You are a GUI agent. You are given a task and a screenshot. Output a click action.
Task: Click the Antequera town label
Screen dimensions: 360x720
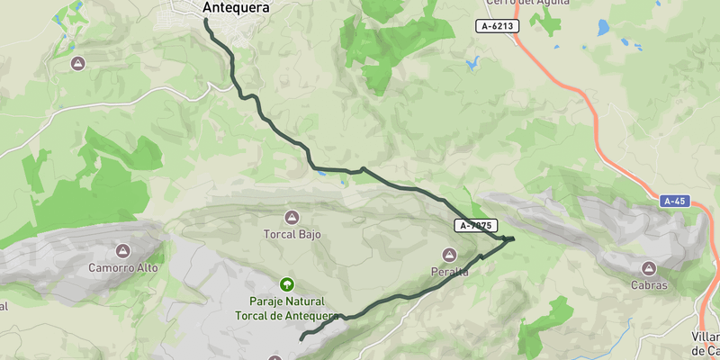(x=237, y=8)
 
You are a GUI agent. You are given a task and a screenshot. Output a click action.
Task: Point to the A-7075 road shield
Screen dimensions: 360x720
(x=476, y=226)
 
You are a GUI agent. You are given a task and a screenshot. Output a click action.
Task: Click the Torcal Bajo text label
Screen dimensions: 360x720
(x=292, y=235)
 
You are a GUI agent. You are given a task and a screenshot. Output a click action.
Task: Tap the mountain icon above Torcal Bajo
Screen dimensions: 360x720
(x=292, y=217)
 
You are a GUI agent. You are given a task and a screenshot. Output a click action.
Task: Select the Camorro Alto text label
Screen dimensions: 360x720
(x=123, y=268)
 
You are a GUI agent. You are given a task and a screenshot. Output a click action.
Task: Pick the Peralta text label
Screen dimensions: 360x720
(x=450, y=273)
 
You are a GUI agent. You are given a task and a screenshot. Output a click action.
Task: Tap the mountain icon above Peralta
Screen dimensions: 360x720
(x=450, y=256)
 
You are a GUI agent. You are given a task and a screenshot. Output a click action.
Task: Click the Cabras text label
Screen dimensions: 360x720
(x=649, y=285)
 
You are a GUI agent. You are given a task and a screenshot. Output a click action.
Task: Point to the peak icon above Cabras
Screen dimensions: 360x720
(x=649, y=268)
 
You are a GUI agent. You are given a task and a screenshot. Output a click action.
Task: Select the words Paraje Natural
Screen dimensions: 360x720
(x=287, y=301)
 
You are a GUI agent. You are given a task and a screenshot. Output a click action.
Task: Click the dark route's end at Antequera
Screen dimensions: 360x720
(x=206, y=20)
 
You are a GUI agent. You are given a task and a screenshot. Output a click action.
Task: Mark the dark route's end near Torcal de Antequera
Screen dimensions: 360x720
(x=300, y=339)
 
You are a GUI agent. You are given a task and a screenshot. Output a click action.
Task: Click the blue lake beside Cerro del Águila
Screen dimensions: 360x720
(x=603, y=28)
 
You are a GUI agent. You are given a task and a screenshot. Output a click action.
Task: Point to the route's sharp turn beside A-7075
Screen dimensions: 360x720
(x=511, y=238)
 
